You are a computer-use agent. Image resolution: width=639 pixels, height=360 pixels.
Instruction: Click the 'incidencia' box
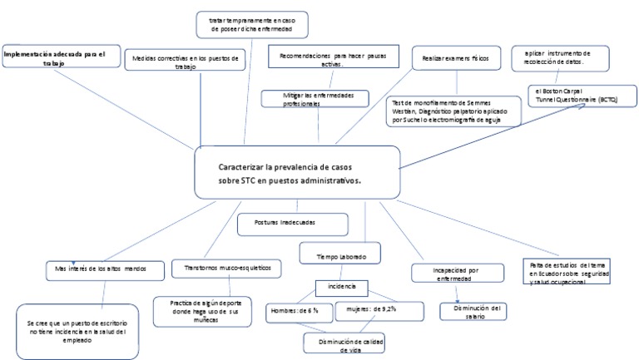click(343, 287)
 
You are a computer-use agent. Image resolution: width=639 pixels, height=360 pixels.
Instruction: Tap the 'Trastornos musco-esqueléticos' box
click(226, 269)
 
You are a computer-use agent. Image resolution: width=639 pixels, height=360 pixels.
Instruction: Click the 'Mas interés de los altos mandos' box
click(100, 269)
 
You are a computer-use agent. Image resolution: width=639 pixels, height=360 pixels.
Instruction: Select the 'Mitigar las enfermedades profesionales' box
click(317, 99)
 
